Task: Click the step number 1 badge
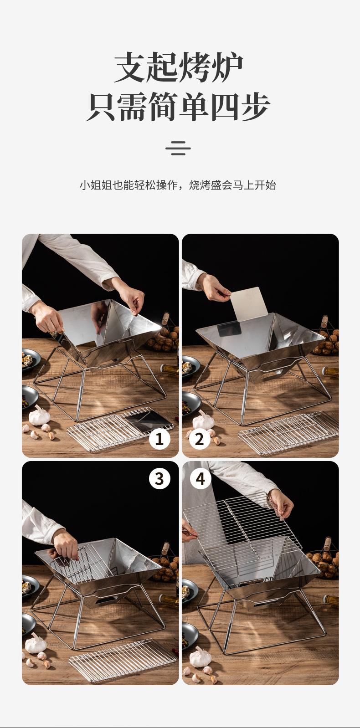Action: pyautogui.click(x=159, y=439)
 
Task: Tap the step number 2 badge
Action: pyautogui.click(x=199, y=439)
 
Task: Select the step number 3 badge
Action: pyautogui.click(x=159, y=478)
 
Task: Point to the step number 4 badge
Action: pyautogui.click(x=201, y=478)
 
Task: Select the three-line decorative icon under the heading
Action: pyautogui.click(x=178, y=148)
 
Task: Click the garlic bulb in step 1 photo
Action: pyautogui.click(x=39, y=415)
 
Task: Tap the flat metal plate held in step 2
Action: pyautogui.click(x=249, y=303)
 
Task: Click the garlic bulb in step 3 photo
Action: pyautogui.click(x=36, y=643)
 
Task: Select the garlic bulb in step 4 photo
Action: pyautogui.click(x=201, y=657)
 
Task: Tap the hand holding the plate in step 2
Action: pyautogui.click(x=214, y=287)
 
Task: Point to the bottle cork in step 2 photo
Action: pyautogui.click(x=324, y=321)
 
